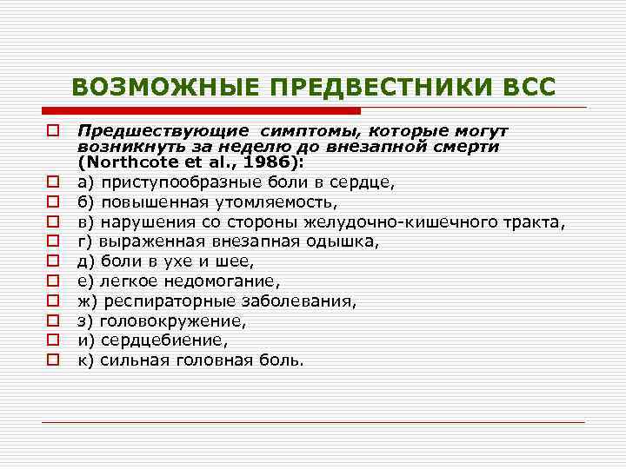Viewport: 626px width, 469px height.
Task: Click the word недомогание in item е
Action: click(x=214, y=281)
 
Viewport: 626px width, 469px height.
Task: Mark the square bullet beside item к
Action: click(x=53, y=359)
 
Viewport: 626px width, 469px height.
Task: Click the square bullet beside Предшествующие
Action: click(x=53, y=130)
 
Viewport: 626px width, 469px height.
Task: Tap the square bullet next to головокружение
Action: click(x=53, y=320)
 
